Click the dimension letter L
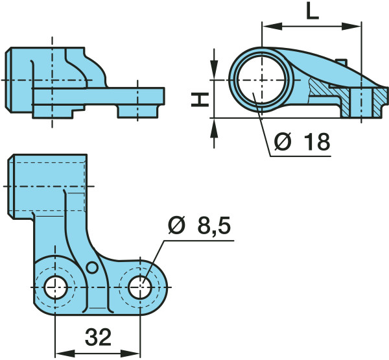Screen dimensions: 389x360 [x=312, y=11]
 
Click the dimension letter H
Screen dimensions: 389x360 [x=200, y=99]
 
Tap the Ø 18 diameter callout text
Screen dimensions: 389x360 [x=302, y=142]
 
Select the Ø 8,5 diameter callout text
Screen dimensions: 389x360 [x=199, y=226]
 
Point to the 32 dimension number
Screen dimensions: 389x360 [x=98, y=337]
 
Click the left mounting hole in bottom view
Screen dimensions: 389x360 [x=56, y=287]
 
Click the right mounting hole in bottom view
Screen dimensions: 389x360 [x=140, y=287]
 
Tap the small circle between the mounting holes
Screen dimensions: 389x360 [x=92, y=267]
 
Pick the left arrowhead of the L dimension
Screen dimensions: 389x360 [x=272, y=26]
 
